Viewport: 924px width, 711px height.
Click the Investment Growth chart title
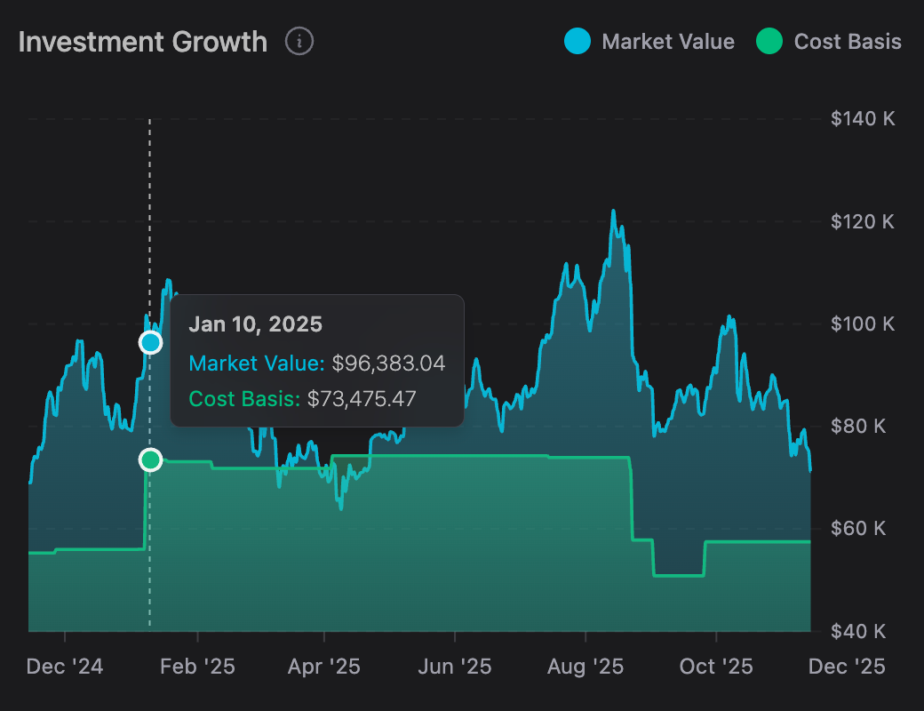[x=142, y=42]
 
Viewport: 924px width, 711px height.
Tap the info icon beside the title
[x=299, y=41]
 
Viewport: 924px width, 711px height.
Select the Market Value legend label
[x=667, y=42]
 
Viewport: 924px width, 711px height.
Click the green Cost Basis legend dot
[x=769, y=41]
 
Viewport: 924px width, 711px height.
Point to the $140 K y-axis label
[x=863, y=119]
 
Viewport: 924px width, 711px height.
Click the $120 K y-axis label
[x=863, y=221]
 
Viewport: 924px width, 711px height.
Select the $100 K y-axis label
[x=863, y=324]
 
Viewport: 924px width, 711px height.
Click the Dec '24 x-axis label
[x=65, y=666]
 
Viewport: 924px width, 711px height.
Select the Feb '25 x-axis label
[x=197, y=666]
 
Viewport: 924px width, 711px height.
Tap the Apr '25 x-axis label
[x=324, y=666]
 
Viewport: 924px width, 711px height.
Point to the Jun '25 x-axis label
[x=455, y=666]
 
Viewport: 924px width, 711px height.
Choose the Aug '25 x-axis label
[x=585, y=666]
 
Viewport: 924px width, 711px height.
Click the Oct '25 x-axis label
[x=715, y=666]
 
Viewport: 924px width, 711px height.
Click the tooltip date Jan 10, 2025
[x=255, y=324]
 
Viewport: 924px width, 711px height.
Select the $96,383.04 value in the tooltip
[x=388, y=363]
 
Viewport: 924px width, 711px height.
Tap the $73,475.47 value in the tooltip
[x=362, y=399]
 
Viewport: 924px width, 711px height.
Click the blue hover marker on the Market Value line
[x=151, y=342]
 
